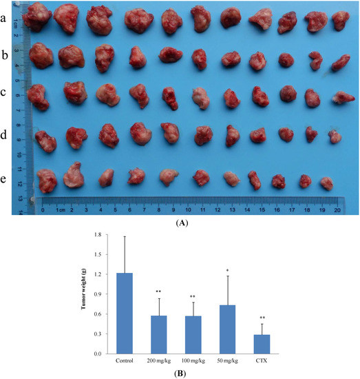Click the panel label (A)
point(180,223)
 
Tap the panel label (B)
point(180,373)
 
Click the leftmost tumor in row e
point(46,181)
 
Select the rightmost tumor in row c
point(341,98)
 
